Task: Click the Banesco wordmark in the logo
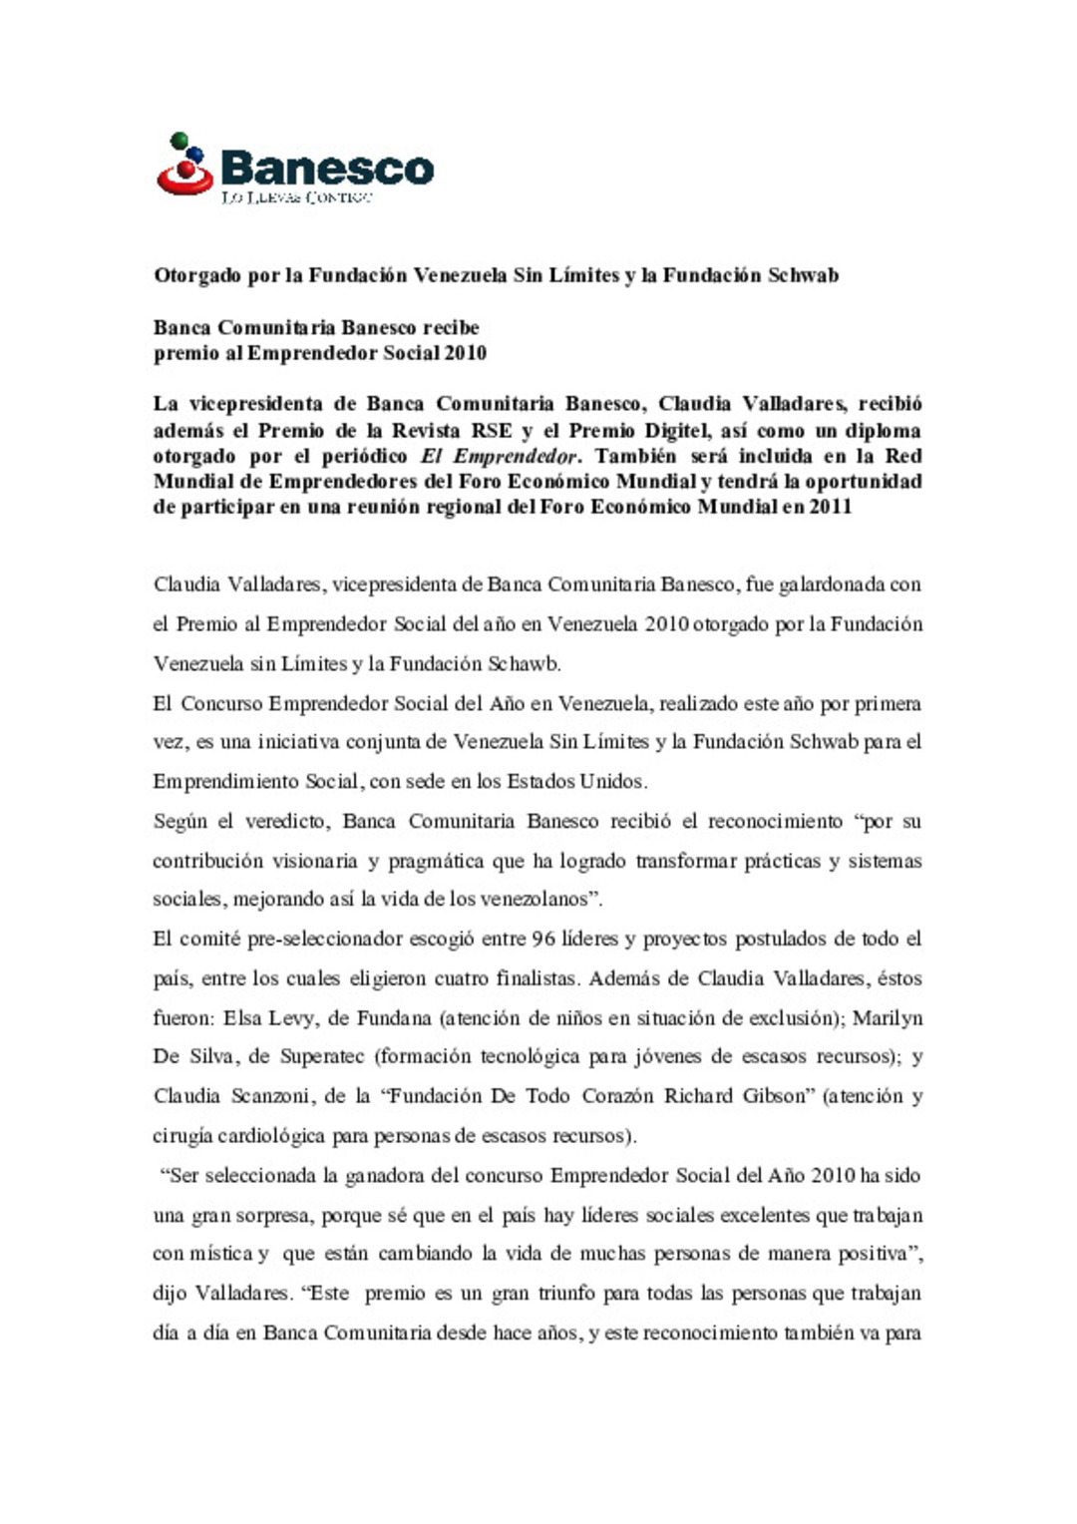tap(327, 167)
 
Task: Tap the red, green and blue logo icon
tap(186, 165)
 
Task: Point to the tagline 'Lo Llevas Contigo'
tap(297, 197)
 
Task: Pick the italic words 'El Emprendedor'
tap(499, 457)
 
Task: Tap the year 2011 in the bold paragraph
tap(831, 507)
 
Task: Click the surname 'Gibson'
tap(774, 1096)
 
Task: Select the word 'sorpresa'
tap(276, 1216)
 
